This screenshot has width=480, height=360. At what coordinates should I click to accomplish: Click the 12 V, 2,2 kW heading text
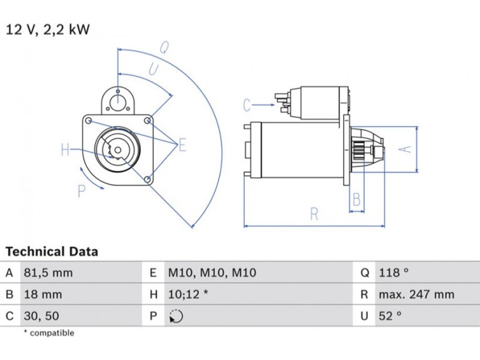click(x=47, y=29)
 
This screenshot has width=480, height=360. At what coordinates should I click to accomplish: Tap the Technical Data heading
click(x=52, y=252)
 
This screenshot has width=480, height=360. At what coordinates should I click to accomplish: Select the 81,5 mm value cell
click(x=48, y=273)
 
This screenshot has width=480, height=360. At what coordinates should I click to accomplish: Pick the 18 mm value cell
click(x=42, y=295)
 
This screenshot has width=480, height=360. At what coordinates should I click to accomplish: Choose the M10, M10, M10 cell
click(x=211, y=273)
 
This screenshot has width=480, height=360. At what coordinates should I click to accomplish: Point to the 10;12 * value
click(x=187, y=295)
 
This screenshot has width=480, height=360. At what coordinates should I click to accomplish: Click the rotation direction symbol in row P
click(x=176, y=316)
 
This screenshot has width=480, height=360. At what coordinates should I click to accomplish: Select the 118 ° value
click(x=393, y=273)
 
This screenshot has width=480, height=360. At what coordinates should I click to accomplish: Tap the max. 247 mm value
click(x=416, y=295)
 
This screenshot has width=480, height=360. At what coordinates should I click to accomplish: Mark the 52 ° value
click(x=389, y=316)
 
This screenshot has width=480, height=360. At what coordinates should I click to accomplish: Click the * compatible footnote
click(x=49, y=333)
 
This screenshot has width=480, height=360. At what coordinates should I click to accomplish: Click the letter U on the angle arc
click(x=154, y=70)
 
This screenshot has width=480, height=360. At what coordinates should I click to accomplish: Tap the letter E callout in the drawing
click(x=182, y=145)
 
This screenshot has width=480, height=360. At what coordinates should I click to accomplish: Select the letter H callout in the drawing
click(x=65, y=149)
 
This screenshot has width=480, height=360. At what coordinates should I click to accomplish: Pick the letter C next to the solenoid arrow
click(x=247, y=106)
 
